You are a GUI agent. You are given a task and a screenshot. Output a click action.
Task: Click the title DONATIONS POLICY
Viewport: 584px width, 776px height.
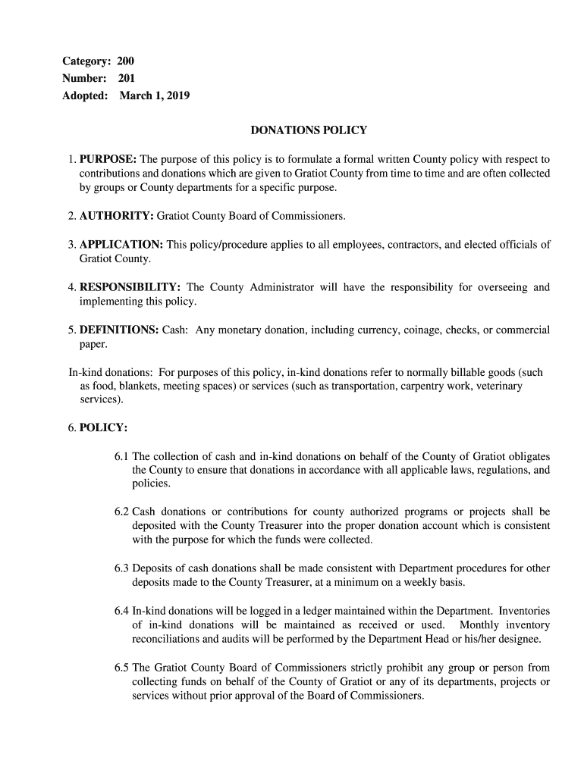(309, 130)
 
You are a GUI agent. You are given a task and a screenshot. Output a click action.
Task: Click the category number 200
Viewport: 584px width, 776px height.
(125, 61)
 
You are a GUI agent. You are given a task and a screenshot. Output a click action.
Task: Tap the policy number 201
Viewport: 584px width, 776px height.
(126, 78)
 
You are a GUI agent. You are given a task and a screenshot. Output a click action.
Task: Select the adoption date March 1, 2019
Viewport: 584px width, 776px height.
(155, 96)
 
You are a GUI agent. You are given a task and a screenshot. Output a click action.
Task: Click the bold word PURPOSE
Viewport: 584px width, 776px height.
(108, 160)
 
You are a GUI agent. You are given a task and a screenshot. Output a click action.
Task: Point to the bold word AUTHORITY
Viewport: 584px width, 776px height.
(116, 217)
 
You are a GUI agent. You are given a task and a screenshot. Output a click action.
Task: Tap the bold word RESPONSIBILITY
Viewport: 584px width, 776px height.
(130, 288)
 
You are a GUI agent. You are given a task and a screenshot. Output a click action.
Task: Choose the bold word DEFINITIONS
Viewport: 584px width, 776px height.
(119, 330)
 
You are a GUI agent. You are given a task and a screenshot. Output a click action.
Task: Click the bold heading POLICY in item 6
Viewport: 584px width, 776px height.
(103, 428)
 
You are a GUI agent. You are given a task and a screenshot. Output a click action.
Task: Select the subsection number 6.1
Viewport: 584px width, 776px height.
(122, 457)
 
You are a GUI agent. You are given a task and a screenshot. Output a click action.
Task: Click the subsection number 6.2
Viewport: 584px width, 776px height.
(122, 512)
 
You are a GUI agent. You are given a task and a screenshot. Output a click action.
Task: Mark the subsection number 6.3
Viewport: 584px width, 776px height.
(122, 568)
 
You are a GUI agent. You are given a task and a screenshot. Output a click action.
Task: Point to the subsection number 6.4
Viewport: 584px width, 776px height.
(122, 611)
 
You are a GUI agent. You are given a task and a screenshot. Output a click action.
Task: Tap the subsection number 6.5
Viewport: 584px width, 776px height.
(122, 668)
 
